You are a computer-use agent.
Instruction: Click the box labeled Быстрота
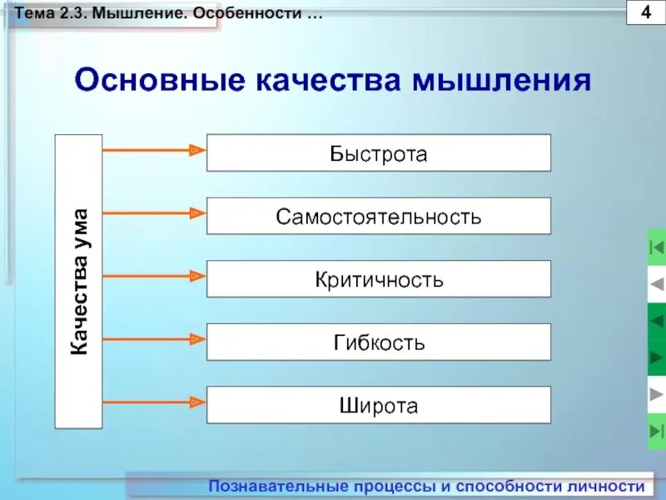(x=378, y=153)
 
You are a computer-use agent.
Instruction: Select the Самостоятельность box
(x=378, y=217)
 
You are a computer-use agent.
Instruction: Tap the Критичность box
(x=378, y=279)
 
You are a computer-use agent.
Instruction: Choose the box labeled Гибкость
(x=378, y=342)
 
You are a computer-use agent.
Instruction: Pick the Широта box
(x=378, y=405)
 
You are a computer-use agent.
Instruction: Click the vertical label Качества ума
(x=79, y=282)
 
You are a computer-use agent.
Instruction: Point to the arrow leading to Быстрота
(x=153, y=151)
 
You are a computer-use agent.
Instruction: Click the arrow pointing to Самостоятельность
(x=153, y=213)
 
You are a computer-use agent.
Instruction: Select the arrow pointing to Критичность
(x=153, y=276)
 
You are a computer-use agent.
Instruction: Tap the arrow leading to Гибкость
(x=153, y=338)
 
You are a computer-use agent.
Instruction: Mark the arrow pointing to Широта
(x=153, y=402)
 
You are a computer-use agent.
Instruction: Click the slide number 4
(x=646, y=14)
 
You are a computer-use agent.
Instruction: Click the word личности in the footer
(x=614, y=487)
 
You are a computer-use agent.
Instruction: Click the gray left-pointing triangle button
(x=656, y=284)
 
